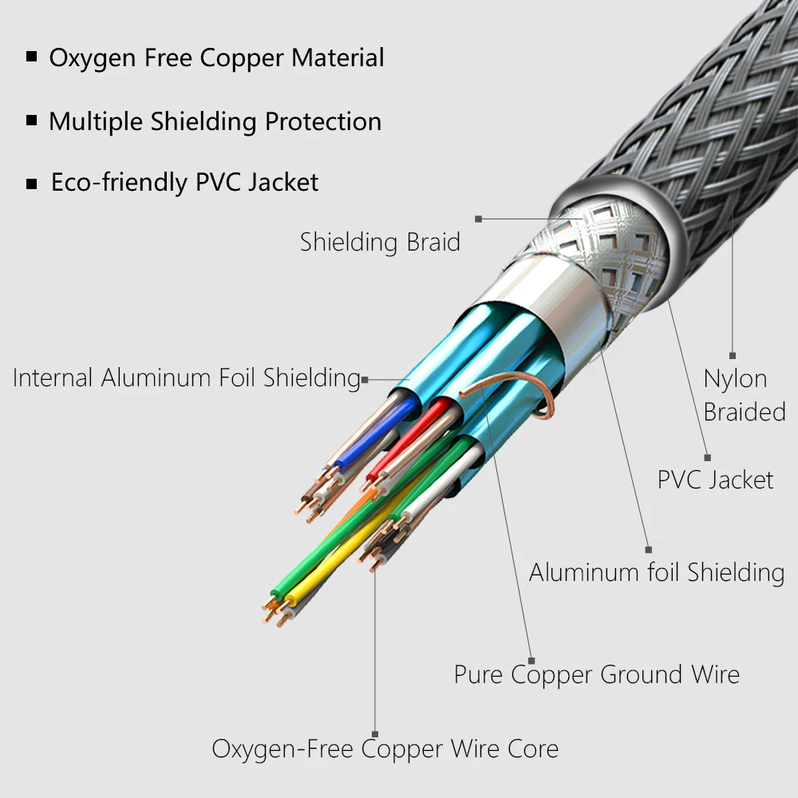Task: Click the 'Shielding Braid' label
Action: point(380,242)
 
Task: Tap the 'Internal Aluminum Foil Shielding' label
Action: point(186,377)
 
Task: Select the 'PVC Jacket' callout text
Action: point(715,480)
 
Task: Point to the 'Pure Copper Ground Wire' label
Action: point(596,675)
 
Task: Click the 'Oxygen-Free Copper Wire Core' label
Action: point(385,749)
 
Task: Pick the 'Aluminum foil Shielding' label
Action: point(657,572)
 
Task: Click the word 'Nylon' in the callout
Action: point(735,379)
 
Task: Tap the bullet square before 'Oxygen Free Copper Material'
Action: point(32,56)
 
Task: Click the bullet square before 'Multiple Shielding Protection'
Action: point(32,120)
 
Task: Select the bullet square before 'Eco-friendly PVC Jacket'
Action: point(32,184)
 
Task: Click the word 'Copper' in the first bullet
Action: point(241,58)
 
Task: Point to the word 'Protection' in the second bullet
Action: point(323,121)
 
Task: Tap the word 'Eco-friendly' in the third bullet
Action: point(119,182)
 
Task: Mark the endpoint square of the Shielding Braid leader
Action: point(478,219)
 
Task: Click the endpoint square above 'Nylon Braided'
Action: point(733,356)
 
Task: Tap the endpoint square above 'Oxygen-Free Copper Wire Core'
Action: point(375,734)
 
